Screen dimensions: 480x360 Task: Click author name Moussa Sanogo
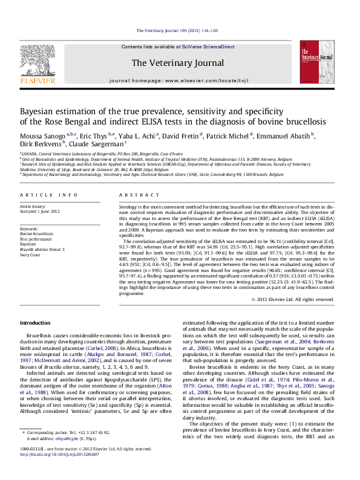[x=42, y=135]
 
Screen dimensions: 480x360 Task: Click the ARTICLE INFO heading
[x=49, y=195]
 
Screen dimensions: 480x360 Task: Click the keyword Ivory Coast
[x=33, y=255]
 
